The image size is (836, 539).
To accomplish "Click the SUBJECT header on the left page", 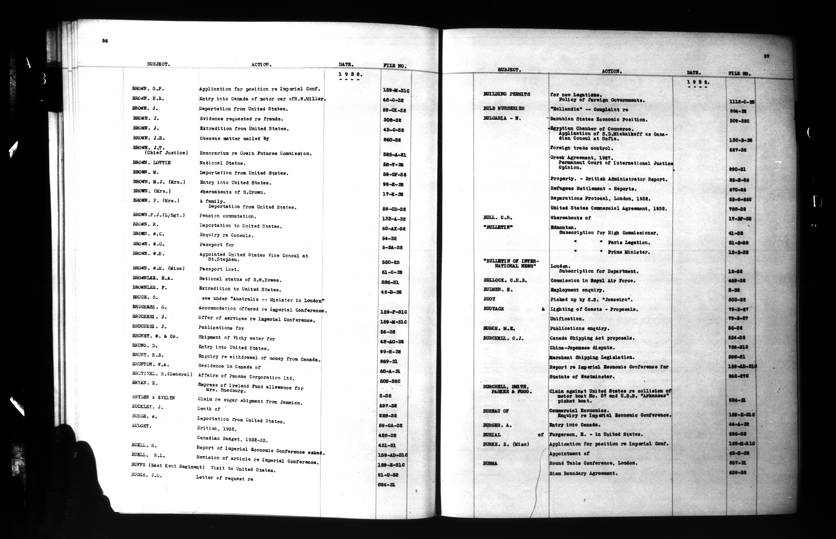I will click(158, 64).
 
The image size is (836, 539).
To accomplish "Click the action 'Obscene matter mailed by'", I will click(234, 139).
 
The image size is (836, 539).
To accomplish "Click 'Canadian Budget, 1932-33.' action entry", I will click(232, 439).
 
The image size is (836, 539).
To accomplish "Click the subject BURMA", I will click(490, 463).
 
